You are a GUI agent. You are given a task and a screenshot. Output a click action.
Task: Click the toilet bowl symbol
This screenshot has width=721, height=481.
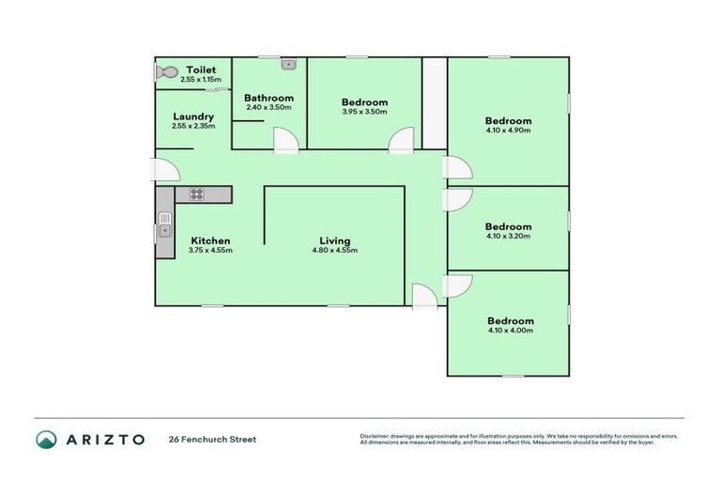tap(167, 71)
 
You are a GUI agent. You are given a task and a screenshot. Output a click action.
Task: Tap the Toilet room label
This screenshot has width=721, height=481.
tap(201, 70)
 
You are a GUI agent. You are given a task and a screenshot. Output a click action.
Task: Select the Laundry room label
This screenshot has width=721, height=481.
tap(193, 116)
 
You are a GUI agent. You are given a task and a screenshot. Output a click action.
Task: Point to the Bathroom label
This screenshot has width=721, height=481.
tap(268, 98)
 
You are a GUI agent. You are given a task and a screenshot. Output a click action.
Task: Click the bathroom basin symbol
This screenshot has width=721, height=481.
tap(289, 65)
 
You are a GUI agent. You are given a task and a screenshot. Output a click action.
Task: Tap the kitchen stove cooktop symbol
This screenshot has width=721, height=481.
tap(197, 194)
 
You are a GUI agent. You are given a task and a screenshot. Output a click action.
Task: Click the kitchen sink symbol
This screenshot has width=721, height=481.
tap(165, 228)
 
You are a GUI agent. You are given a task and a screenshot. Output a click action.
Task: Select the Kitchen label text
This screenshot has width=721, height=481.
tap(210, 241)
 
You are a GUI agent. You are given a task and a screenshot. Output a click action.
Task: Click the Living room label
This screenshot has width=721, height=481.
tap(335, 241)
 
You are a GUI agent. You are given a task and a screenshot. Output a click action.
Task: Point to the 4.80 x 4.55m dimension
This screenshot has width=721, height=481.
tap(335, 251)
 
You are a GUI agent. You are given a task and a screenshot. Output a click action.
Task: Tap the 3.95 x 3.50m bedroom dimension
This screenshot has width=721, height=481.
tap(364, 112)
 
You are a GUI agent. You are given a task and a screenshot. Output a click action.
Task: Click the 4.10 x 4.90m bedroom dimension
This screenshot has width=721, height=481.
tap(509, 131)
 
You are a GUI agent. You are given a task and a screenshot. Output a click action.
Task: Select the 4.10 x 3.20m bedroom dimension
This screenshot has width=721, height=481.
tap(509, 236)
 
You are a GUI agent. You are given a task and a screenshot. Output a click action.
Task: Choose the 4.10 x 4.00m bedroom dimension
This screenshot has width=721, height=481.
tap(511, 331)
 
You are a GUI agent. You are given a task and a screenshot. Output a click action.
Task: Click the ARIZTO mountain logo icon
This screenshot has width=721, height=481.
tap(46, 439)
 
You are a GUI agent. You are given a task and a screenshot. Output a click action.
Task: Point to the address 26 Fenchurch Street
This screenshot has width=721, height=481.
tap(212, 439)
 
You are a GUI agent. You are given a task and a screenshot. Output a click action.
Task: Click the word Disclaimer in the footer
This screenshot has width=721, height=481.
tap(376, 436)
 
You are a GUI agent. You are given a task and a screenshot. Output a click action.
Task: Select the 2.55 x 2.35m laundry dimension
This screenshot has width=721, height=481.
tap(193, 126)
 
